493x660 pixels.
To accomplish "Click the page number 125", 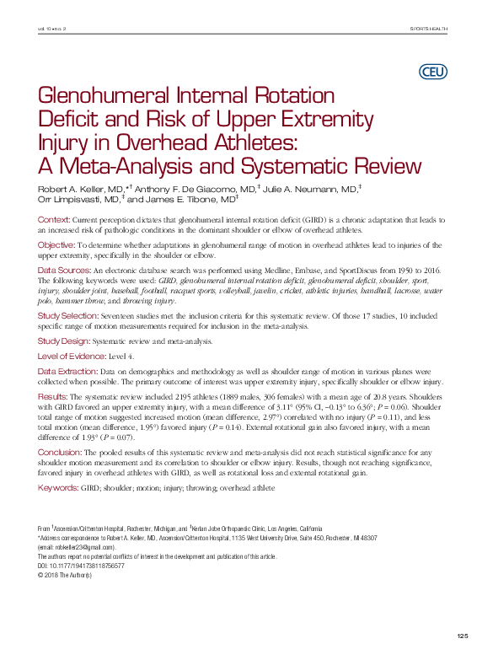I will [461, 635].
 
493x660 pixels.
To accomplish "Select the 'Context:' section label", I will [54, 219].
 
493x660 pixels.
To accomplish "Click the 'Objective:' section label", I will [57, 244].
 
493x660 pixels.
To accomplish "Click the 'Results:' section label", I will [53, 396].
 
